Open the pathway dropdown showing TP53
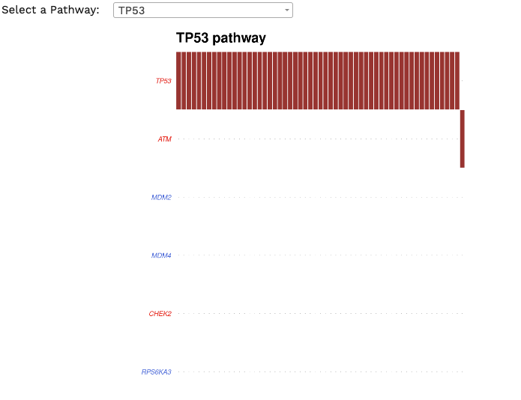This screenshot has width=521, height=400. coord(202,10)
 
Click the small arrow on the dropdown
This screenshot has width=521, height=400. coord(286,10)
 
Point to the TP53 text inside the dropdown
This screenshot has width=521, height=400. coord(132,10)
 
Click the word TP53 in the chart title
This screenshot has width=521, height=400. coord(193,38)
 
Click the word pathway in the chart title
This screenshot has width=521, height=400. coord(239,38)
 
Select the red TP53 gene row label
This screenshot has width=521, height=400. coord(163,81)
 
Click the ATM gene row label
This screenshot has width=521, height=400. coord(164,139)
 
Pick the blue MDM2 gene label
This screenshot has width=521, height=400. coord(161,197)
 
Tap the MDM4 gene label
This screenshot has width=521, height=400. coord(161,255)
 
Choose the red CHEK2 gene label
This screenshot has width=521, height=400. coord(160,314)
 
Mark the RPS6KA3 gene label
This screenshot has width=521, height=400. coord(156,372)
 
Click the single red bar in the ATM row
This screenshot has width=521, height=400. coord(463,139)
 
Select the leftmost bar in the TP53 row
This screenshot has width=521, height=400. coord(178,80)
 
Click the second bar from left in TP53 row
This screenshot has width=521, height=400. coord(184,80)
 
